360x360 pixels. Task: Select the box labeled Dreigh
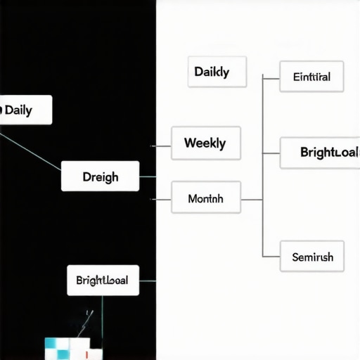click(x=100, y=176)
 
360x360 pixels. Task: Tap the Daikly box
click(x=217, y=72)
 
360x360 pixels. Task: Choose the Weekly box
click(x=206, y=143)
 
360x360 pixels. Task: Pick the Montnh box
click(x=206, y=199)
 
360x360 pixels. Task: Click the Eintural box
click(x=311, y=77)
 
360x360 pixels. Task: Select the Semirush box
click(x=311, y=257)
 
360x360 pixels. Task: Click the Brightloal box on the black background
click(x=103, y=280)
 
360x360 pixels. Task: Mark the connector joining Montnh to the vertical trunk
click(x=252, y=200)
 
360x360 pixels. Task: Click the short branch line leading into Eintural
click(x=271, y=77)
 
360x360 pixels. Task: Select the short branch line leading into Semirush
click(x=271, y=256)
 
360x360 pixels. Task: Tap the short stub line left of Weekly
click(x=162, y=146)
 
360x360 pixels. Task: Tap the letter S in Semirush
click(x=295, y=257)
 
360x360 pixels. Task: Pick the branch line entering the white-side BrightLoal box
click(x=271, y=153)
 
